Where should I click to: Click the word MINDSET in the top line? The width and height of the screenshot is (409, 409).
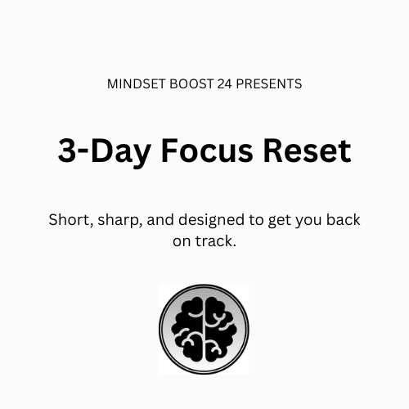pos(135,83)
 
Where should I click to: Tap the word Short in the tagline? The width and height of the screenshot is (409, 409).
pos(68,221)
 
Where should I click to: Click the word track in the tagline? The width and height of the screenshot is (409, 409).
pos(215,242)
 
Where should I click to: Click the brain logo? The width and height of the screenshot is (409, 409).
pos(204,329)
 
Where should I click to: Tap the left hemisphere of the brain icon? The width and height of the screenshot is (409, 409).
pos(189,329)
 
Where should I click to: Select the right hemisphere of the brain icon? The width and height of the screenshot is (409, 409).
pos(218,329)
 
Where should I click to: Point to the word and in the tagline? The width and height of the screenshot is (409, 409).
pos(159,221)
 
